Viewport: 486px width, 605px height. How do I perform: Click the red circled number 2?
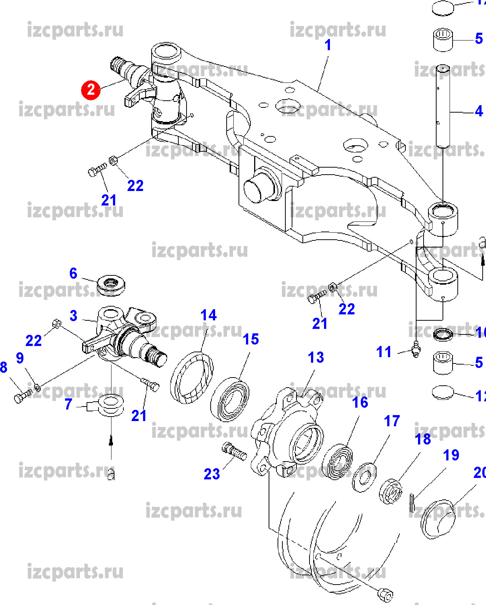91,90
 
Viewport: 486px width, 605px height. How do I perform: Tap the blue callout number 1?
328,45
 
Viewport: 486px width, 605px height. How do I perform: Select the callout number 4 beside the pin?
479,111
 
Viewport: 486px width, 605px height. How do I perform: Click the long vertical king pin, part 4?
443,108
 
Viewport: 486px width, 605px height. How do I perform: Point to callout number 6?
73,274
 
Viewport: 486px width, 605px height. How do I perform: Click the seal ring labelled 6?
111,285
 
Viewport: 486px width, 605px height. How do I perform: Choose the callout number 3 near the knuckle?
74,316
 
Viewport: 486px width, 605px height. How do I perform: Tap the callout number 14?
208,315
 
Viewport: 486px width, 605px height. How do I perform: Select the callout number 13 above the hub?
316,357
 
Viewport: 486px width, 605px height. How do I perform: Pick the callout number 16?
360,402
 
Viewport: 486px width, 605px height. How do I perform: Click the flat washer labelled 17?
364,477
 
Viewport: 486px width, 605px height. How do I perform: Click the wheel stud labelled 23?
234,451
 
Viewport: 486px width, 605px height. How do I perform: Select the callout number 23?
212,474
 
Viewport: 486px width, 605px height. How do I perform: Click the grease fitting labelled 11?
416,352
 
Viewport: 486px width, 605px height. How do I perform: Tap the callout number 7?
68,404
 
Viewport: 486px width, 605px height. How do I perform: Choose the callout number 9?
20,358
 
